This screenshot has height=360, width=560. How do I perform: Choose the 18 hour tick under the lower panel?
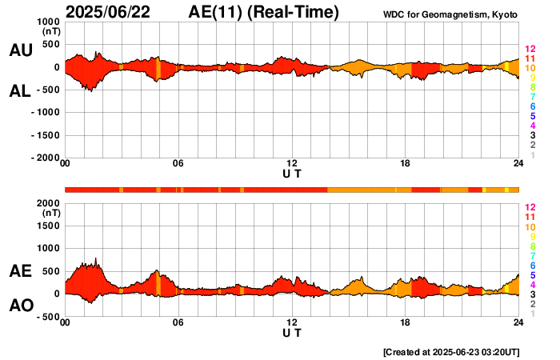(405, 322)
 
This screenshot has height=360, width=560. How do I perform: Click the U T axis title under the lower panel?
(292, 332)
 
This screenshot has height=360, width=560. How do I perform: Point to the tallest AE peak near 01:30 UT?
(96, 259)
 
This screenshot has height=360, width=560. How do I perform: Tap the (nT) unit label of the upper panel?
(50, 34)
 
